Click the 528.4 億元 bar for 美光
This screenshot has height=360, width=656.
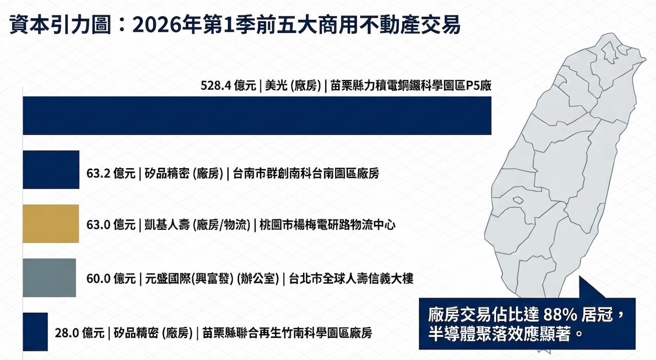coord(256,115)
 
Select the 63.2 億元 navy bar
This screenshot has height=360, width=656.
coord(51,170)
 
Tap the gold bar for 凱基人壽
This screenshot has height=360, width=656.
coord(51,224)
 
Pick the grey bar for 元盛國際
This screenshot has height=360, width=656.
coord(49,278)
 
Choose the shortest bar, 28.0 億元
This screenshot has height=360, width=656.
coord(35,332)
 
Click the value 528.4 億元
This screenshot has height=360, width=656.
coord(228,86)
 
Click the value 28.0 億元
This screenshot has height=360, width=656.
coord(79,333)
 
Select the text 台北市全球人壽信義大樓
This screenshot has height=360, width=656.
coord(351,279)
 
